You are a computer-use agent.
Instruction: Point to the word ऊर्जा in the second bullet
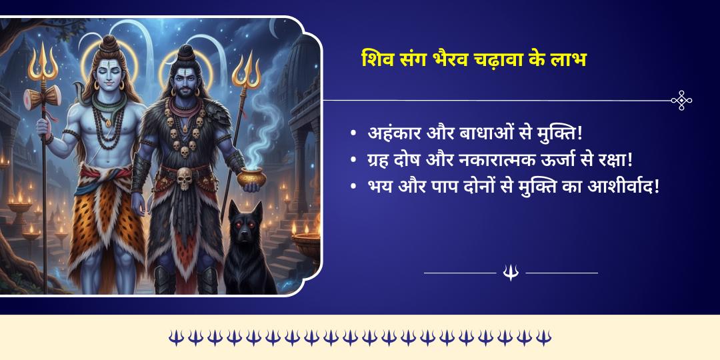pos(534,160)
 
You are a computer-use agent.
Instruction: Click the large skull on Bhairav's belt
pos(185,178)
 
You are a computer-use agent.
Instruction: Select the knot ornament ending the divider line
pos(681,100)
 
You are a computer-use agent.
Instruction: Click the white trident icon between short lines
pos(511,273)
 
